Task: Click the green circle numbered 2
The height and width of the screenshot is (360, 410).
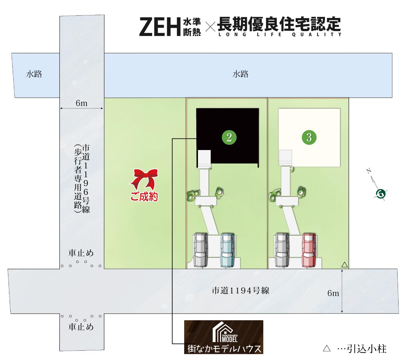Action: (x=229, y=138)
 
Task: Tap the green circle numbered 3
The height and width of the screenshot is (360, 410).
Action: (x=309, y=138)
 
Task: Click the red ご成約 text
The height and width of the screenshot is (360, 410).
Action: (x=144, y=196)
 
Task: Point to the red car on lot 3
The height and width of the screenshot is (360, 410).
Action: (x=309, y=250)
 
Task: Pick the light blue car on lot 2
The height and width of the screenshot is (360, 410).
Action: (x=227, y=250)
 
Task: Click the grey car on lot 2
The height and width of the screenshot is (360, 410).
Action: (x=200, y=250)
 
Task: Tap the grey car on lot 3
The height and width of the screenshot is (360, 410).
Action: (x=282, y=250)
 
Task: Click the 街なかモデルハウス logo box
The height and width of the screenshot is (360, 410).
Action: (x=224, y=337)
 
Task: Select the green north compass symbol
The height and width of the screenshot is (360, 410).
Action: (x=381, y=194)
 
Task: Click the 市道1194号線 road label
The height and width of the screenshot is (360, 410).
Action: (x=240, y=290)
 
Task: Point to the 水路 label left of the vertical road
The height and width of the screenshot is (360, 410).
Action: (x=34, y=74)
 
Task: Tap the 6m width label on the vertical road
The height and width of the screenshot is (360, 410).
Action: (x=81, y=103)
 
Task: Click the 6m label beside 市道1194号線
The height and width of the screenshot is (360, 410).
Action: (x=333, y=293)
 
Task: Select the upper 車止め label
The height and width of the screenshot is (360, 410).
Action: (x=81, y=253)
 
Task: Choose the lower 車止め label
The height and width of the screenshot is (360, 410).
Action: (x=81, y=327)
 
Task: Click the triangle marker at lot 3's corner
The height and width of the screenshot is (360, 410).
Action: (x=345, y=265)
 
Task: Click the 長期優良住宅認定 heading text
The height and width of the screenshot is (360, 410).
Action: (x=279, y=24)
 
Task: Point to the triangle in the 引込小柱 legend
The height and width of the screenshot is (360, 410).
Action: (x=327, y=348)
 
